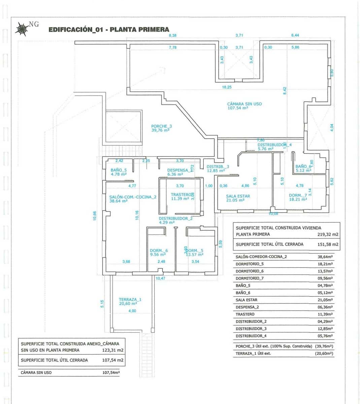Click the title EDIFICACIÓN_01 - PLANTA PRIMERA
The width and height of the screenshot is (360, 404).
109,30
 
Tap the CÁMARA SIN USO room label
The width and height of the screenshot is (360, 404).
244,104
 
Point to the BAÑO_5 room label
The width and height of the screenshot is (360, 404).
119,170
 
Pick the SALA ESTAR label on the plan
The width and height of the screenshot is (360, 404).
238,196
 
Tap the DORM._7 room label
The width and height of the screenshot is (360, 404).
298,195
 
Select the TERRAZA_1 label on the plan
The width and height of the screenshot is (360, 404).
130,299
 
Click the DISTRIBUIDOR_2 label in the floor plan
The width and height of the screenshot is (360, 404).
175,218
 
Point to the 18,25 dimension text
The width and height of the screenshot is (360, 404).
227,87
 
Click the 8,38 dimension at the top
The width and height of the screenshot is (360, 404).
172,35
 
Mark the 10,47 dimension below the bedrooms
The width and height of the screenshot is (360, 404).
160,278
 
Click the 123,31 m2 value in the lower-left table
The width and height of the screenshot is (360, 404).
112,350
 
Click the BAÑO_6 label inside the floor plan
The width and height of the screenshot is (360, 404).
303,166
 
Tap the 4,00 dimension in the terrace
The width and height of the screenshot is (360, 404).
132,311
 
